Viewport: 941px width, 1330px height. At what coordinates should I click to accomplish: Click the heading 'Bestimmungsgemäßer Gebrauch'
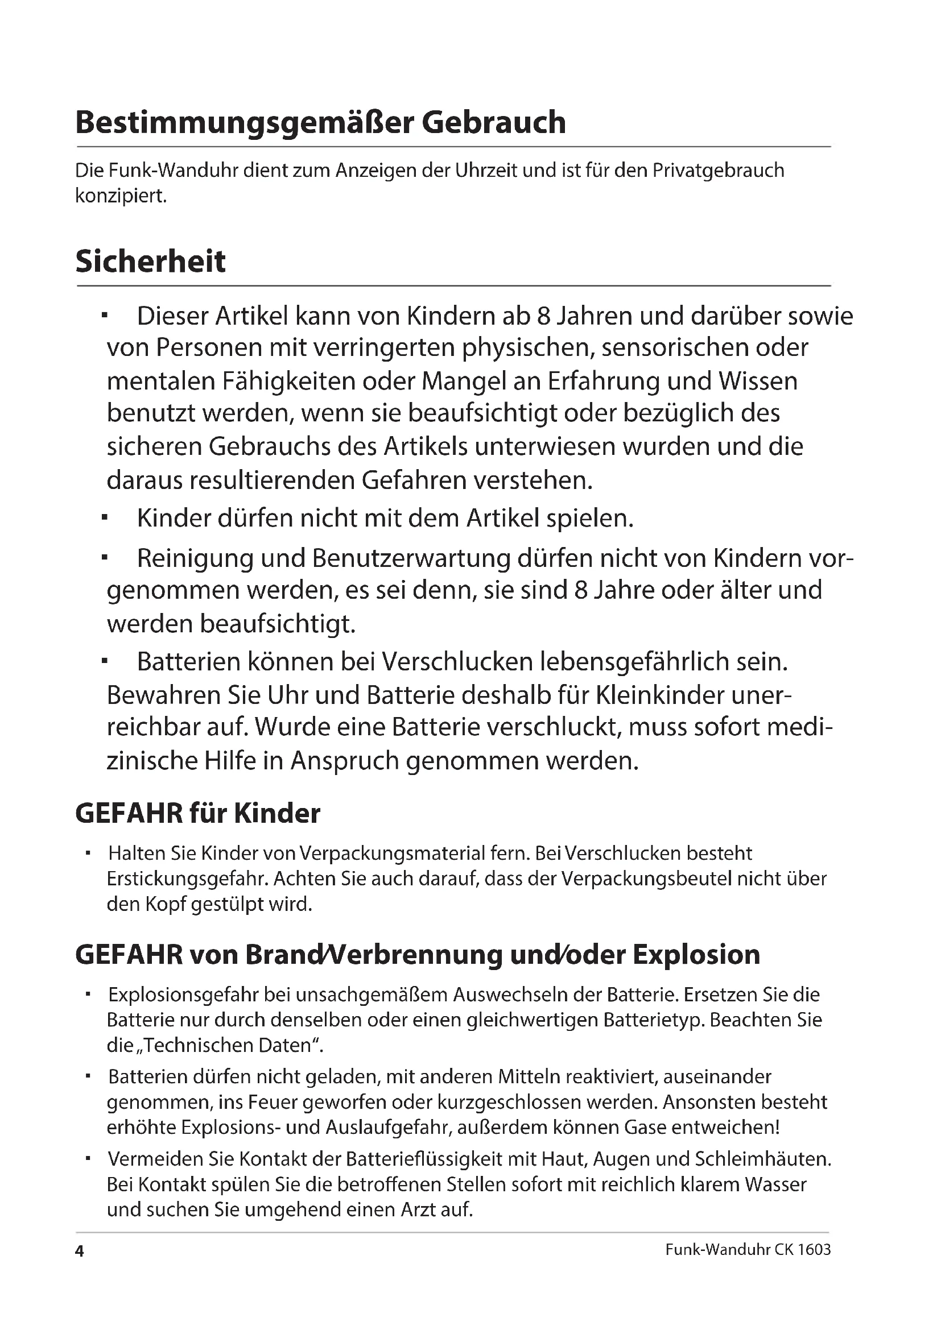pos(320,122)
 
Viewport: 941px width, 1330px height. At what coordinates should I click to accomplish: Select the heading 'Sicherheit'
pos(151,261)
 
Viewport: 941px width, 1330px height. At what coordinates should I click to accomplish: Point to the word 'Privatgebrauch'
pos(719,171)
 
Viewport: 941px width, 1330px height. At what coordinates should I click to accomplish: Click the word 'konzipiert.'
pos(121,196)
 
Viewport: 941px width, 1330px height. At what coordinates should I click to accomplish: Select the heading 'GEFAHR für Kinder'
pos(197,813)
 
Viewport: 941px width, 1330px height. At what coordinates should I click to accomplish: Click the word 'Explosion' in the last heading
pos(696,955)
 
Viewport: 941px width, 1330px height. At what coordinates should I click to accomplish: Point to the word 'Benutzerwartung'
pos(411,558)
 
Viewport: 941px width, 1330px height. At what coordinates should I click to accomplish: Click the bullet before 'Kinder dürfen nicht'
pos(105,517)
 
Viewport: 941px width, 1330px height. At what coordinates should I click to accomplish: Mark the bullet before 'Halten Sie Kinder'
pos(88,853)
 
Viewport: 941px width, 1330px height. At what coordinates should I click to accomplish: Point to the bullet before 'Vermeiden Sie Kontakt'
pos(88,1158)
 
